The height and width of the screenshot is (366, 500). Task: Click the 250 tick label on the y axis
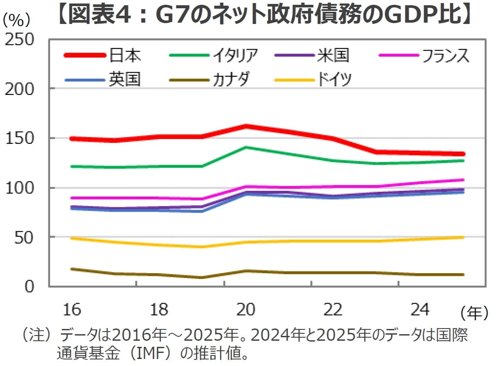(20, 40)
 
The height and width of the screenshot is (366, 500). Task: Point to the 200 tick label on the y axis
(20, 89)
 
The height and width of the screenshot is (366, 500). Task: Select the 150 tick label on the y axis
(20, 139)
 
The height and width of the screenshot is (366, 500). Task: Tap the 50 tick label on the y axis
(25, 238)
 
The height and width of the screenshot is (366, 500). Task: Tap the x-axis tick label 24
(420, 310)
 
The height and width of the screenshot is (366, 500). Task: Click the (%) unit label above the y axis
(17, 20)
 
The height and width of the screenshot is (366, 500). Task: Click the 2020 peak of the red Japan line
(246, 126)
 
